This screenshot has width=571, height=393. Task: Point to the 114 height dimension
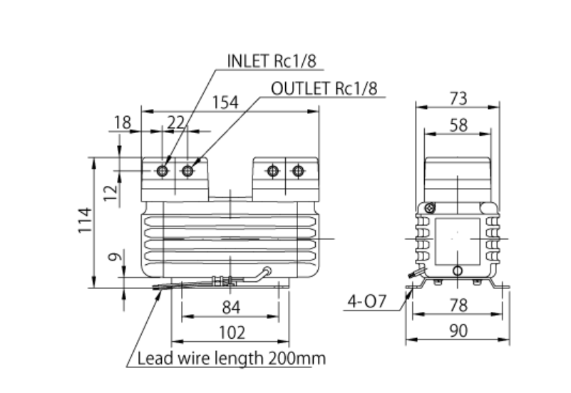85,221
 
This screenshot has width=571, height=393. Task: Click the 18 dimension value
123,122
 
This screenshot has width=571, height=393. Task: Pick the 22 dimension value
175,122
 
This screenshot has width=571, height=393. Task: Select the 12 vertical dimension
109,192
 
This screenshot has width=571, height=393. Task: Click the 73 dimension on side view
458,98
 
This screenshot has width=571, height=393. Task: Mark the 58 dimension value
458,125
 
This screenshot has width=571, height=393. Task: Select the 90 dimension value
458,332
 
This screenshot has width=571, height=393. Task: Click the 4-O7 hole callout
366,301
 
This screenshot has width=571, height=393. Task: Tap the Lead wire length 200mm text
231,358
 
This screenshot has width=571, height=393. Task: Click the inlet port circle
163,171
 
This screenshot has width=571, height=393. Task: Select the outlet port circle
188,171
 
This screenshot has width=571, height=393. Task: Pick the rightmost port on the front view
297,171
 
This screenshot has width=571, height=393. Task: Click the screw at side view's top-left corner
429,208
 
